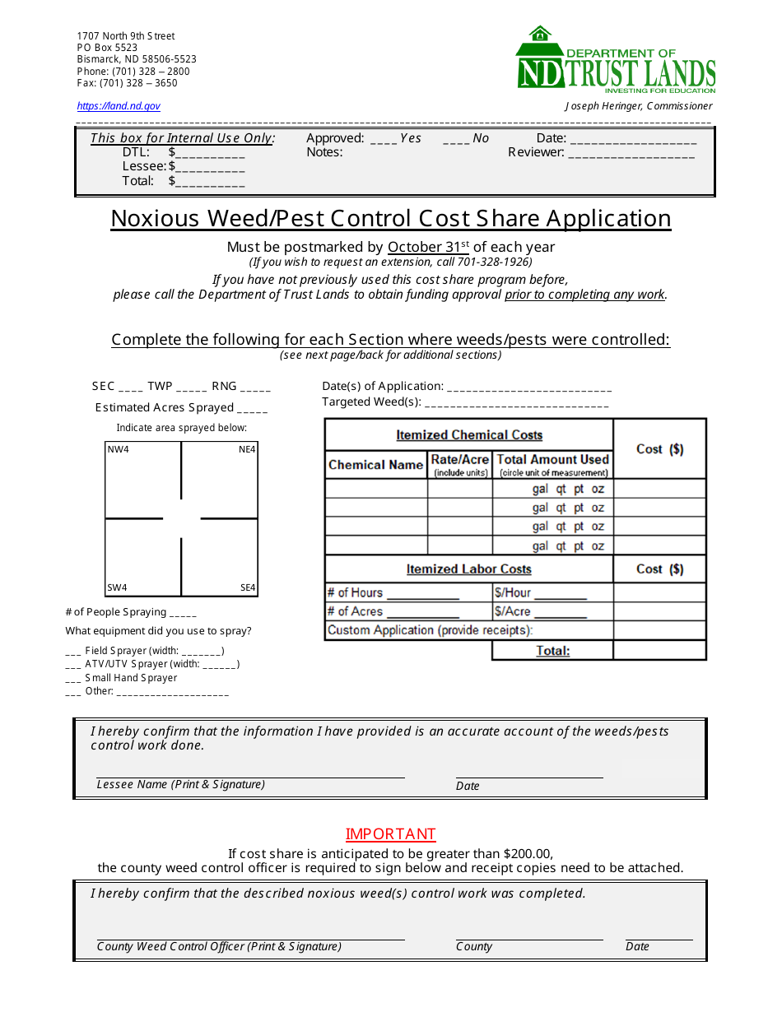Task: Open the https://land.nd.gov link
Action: [119, 106]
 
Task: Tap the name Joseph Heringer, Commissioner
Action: [638, 106]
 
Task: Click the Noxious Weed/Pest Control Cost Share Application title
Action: [390, 219]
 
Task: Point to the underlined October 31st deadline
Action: [428, 247]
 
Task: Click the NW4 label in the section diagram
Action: [118, 450]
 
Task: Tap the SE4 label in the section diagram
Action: [248, 587]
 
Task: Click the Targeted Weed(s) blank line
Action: [516, 404]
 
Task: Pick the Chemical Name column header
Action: [375, 465]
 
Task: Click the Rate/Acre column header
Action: [459, 460]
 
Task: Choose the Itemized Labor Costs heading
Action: [468, 569]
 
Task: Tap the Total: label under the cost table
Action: [552, 651]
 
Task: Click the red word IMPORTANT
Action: [390, 834]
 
